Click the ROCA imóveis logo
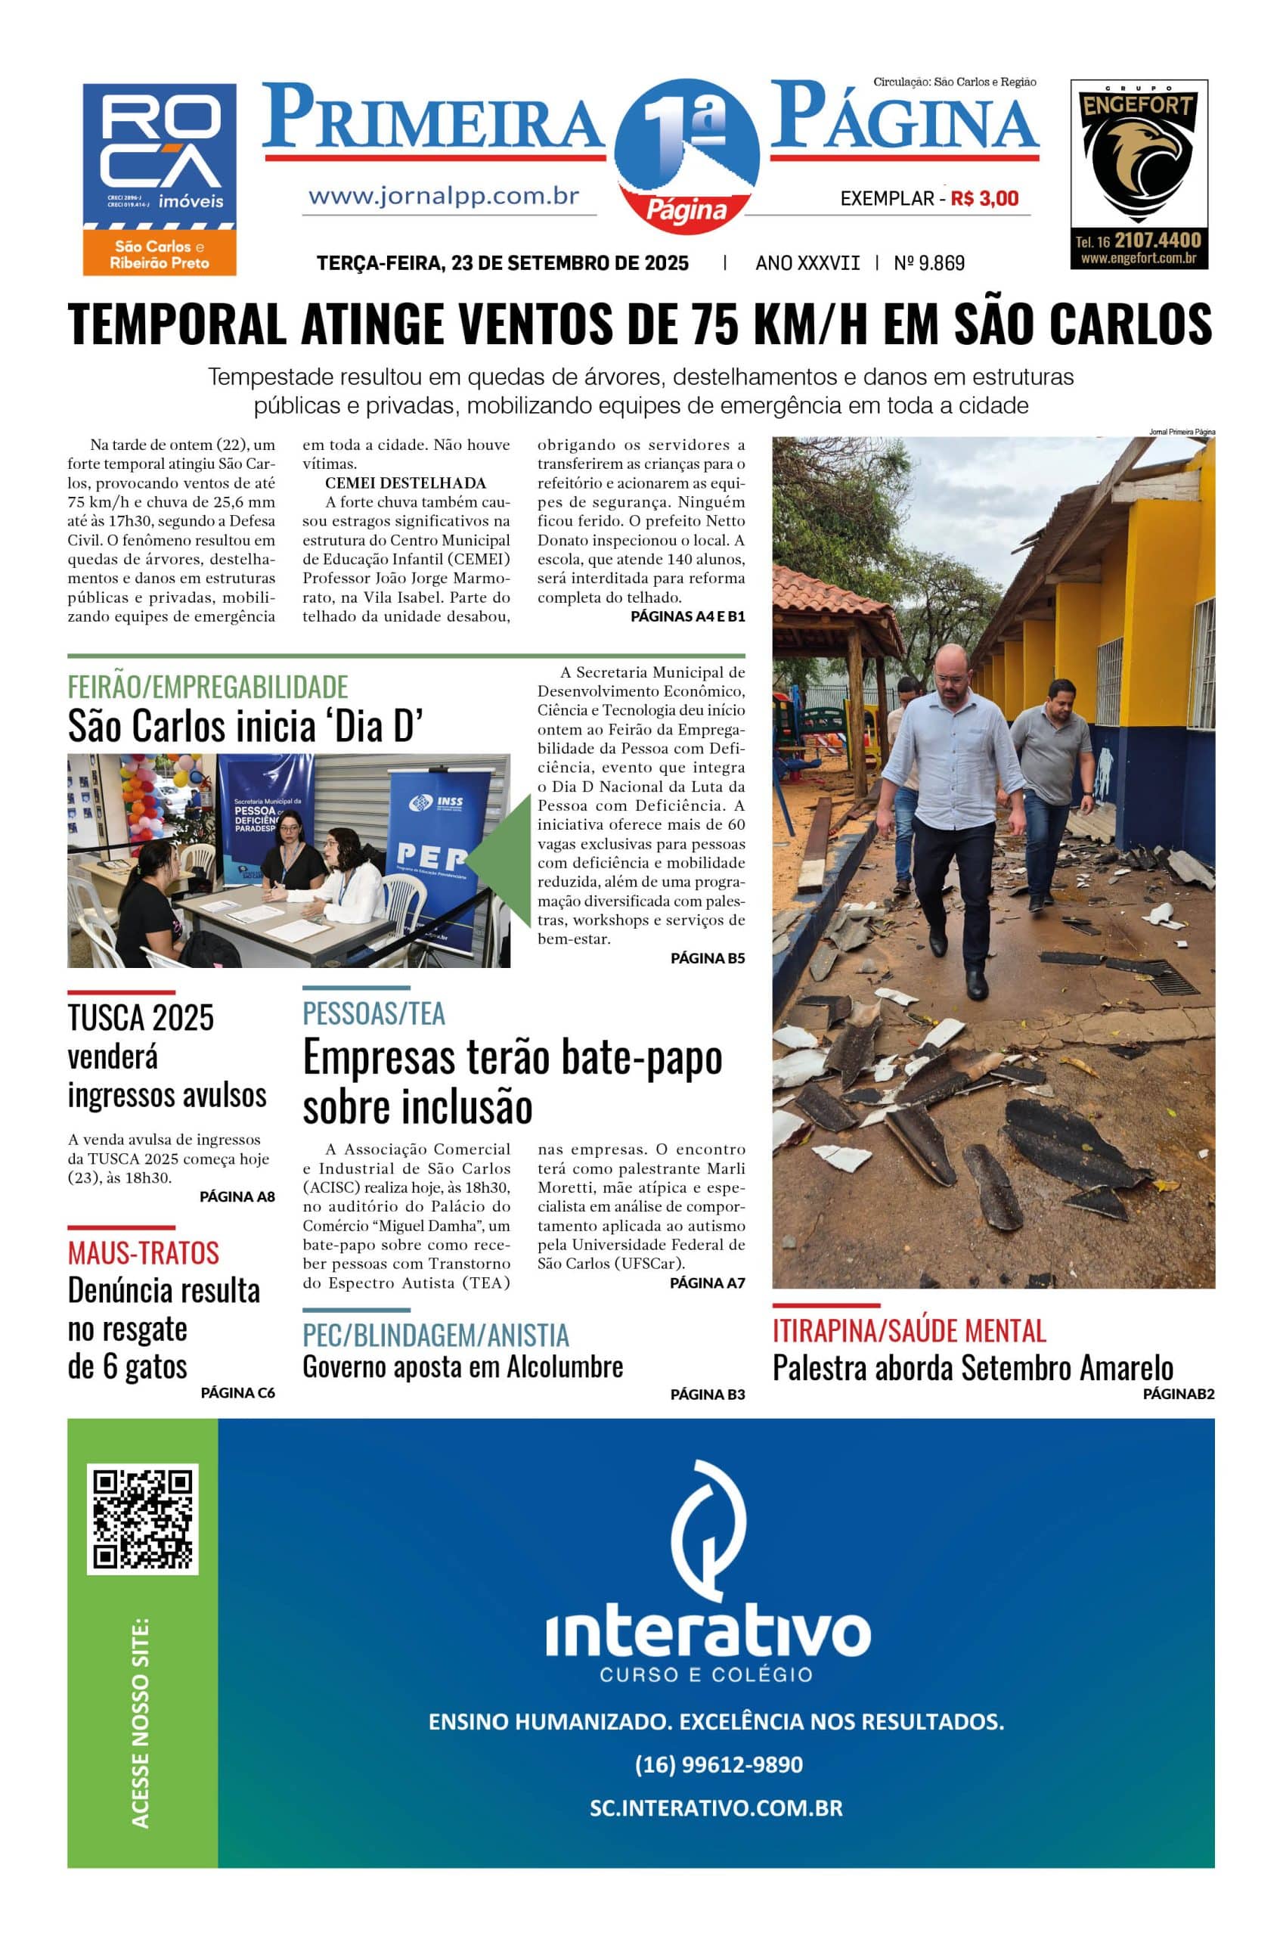(x=159, y=178)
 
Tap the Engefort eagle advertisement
(x=1139, y=173)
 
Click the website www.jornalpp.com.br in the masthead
(x=444, y=197)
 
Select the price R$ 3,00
(x=985, y=198)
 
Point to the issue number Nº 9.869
(x=928, y=262)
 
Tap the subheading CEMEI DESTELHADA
(x=405, y=482)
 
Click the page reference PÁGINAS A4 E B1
(x=687, y=616)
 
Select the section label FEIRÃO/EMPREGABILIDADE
(x=208, y=686)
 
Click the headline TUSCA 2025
(x=141, y=1017)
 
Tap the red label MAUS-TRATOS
(x=143, y=1253)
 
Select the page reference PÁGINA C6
(x=237, y=1393)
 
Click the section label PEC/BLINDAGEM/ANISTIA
(x=435, y=1336)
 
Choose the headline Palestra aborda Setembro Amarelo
(x=972, y=1368)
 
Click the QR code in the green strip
(x=142, y=1520)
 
